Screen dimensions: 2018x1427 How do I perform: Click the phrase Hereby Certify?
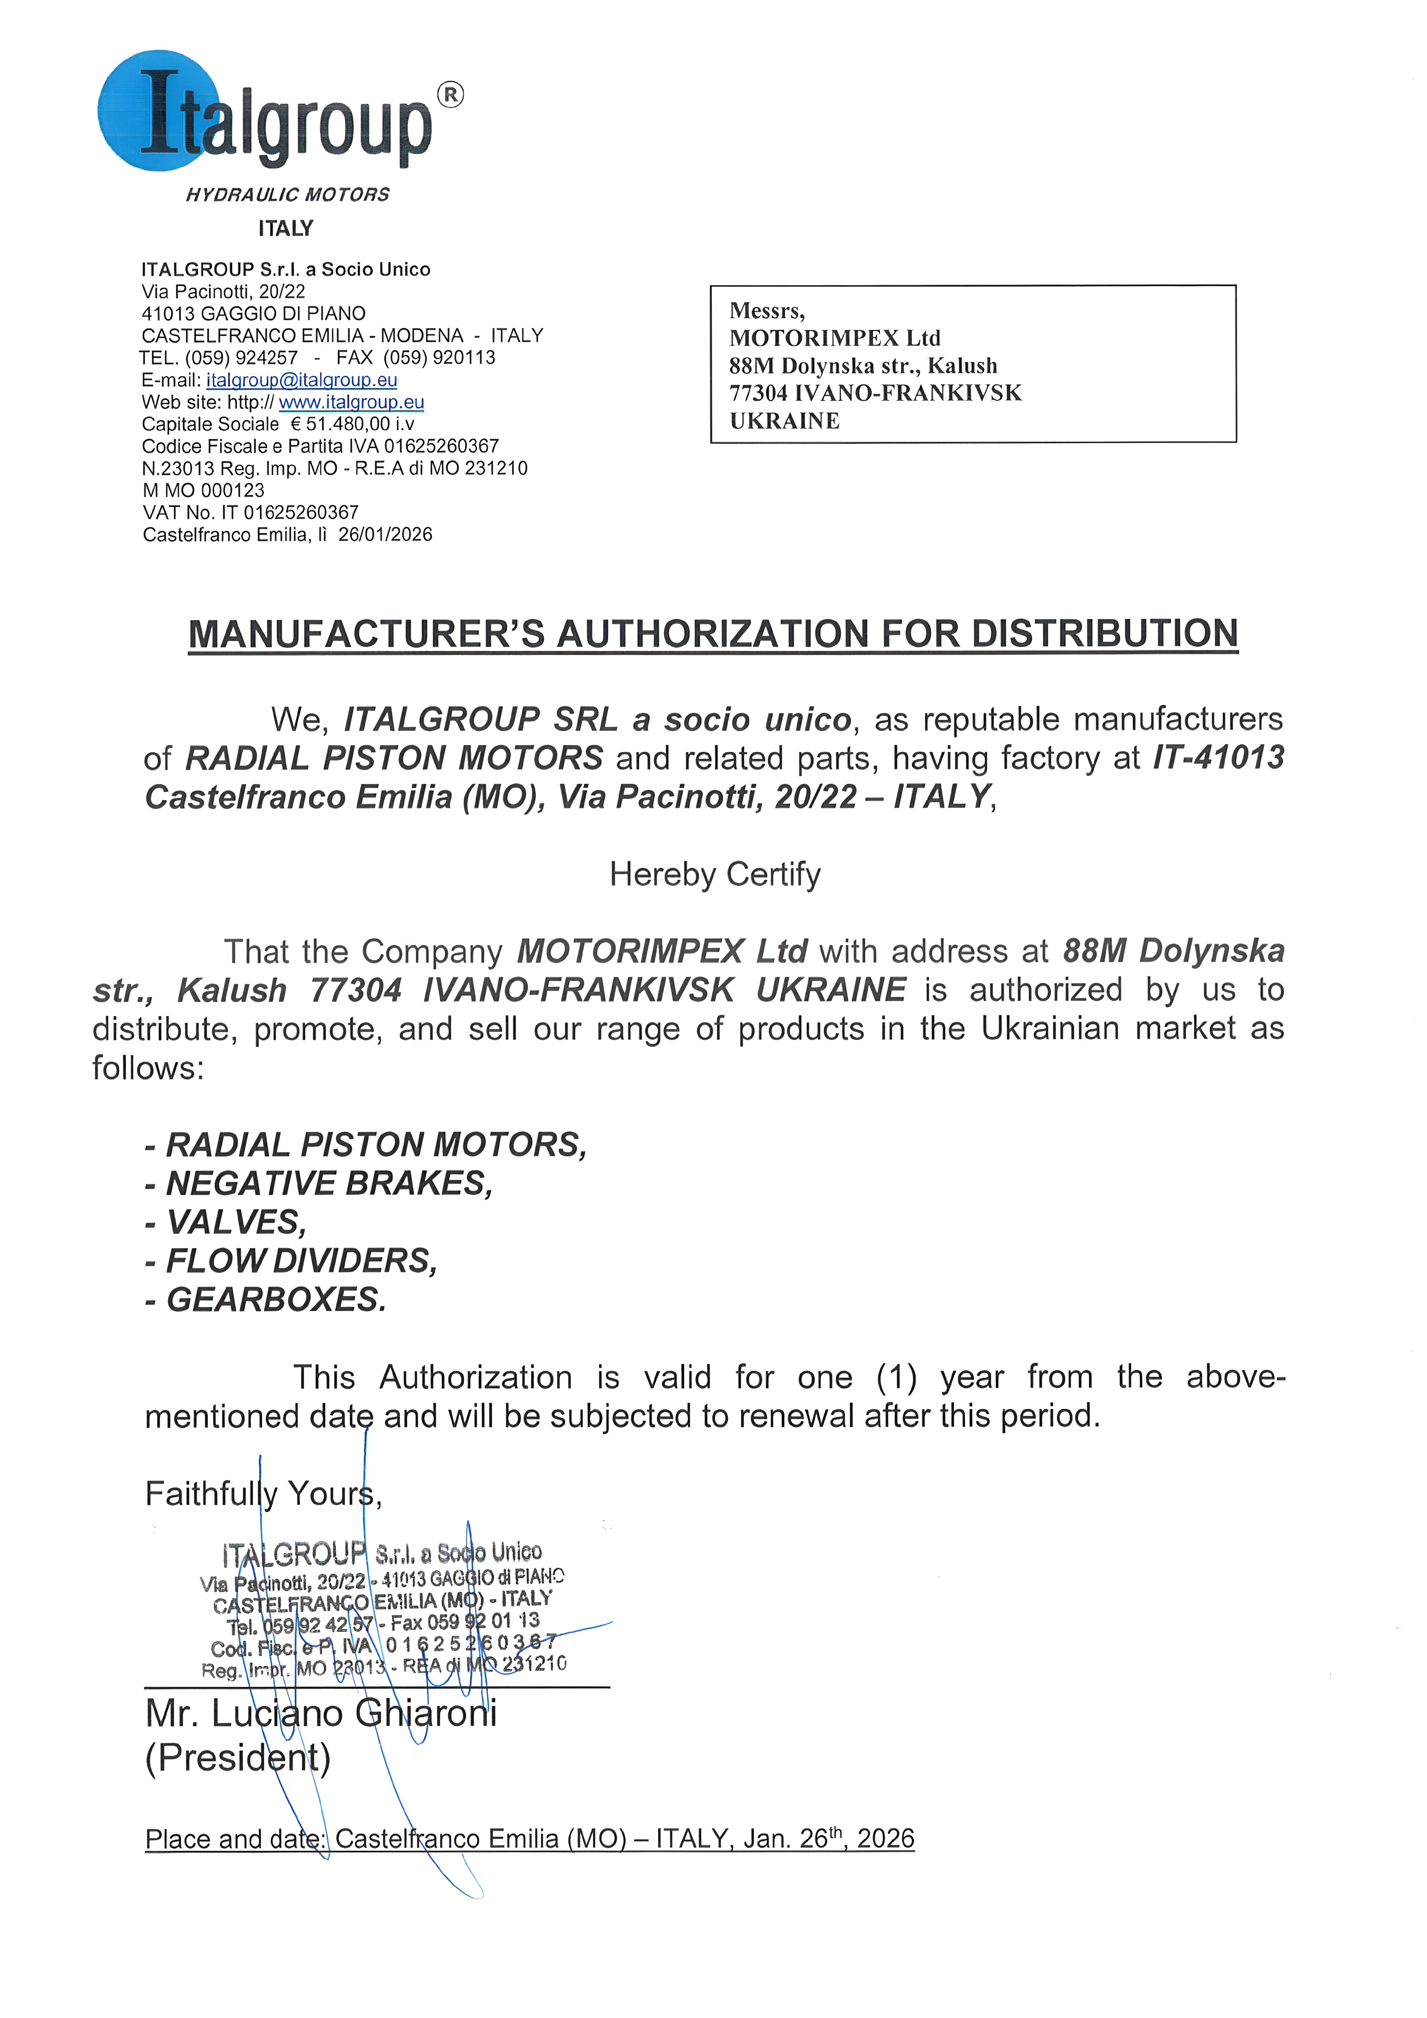pyautogui.click(x=714, y=874)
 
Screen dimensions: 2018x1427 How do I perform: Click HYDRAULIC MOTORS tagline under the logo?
pyautogui.click(x=287, y=194)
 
